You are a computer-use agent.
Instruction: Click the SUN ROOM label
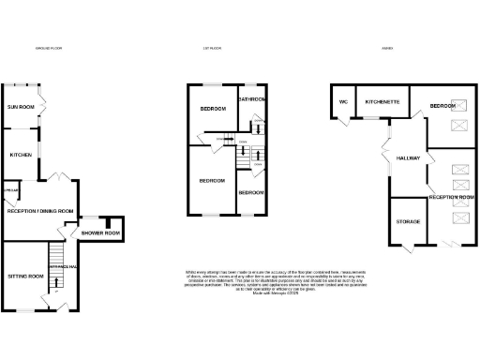[x=21, y=108]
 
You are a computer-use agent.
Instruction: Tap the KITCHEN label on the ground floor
[x=21, y=155]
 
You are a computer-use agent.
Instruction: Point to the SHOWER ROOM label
[x=100, y=233]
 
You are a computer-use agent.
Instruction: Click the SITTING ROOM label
[x=25, y=277]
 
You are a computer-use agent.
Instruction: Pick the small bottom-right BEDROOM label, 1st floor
[x=250, y=192]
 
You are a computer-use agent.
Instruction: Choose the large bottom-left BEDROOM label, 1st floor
[x=211, y=180]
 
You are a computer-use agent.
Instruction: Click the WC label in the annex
[x=343, y=100]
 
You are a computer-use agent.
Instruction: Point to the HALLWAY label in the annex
[x=410, y=158]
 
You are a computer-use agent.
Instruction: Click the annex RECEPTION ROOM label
[x=452, y=198]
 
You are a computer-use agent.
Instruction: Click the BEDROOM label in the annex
[x=442, y=107]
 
